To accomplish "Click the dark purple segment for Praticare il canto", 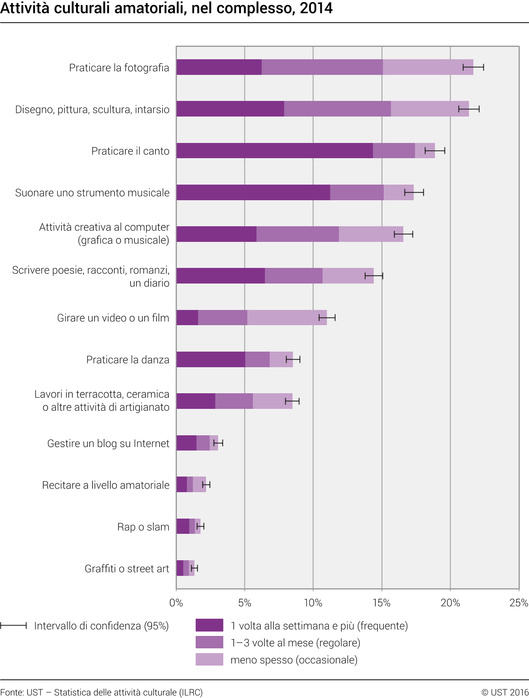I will point(275,151).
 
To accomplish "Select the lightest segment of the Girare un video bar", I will point(287,318).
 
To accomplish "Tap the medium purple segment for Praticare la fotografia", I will point(322,67).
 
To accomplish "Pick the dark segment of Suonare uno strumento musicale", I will point(253,193).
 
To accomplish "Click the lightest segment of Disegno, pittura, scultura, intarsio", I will point(430,109).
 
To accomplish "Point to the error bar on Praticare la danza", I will point(293,360).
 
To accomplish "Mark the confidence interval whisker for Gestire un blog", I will point(218,443).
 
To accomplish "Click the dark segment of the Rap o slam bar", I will point(183,526).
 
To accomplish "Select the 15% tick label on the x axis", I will point(381,603).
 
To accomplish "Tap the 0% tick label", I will point(176,603).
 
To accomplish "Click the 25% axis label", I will point(519,603).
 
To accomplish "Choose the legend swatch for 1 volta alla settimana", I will point(209,625).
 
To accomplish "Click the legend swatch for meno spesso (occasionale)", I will point(209,660).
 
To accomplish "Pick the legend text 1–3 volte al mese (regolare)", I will point(295,643).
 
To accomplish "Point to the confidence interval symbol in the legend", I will point(14,626).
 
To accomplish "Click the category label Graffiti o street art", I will point(127,569).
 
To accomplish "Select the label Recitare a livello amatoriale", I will point(106,485).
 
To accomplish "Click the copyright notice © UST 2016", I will point(505,692).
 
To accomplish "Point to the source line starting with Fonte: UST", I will point(102,692).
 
